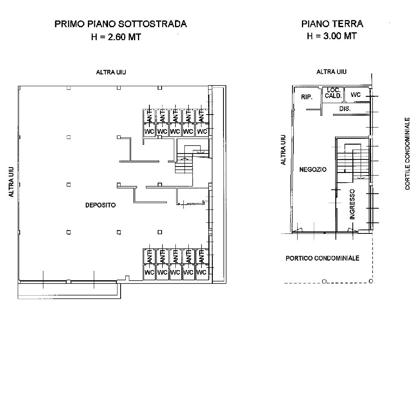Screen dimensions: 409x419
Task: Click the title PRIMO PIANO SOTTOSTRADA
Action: click(120, 24)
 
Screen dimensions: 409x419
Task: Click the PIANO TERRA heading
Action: click(332, 24)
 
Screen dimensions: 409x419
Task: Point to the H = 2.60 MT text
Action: click(115, 37)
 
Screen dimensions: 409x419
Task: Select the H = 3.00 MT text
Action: click(332, 36)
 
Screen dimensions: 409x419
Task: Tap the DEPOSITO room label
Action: click(101, 205)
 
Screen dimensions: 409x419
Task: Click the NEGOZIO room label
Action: click(313, 169)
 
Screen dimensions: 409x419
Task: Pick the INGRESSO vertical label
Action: click(352, 204)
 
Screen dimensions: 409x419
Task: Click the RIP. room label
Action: click(307, 97)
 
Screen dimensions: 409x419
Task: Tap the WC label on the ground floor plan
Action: click(356, 95)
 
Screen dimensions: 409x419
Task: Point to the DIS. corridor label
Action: click(345, 109)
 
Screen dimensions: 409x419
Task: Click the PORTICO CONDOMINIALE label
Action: click(322, 258)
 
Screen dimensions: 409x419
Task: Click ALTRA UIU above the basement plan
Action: click(111, 72)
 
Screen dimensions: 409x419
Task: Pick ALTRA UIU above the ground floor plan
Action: click(331, 72)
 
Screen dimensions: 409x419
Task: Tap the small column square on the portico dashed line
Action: click(324, 281)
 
